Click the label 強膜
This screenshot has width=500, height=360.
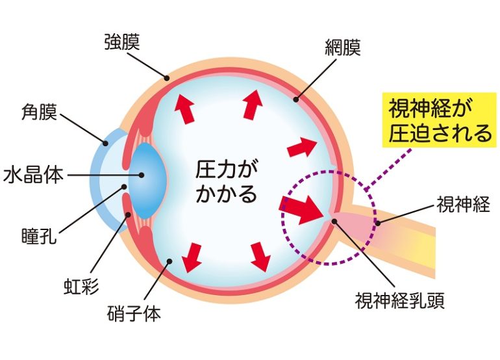122,42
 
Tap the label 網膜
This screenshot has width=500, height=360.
343,47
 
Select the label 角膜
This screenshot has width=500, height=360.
39,112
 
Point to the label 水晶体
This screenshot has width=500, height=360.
33,175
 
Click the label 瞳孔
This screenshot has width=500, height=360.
39,236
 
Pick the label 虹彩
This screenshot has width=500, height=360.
81,286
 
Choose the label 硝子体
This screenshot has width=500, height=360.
134,313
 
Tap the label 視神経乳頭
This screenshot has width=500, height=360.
400,300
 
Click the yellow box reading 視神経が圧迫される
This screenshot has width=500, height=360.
440,120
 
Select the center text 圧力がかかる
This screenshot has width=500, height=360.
227,181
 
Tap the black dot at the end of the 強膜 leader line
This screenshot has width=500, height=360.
166,78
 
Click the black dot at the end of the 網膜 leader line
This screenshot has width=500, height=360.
296,99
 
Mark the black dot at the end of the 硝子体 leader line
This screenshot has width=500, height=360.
169,261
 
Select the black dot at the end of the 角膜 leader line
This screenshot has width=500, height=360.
105,144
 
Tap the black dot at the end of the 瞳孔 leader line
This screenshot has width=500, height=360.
125,186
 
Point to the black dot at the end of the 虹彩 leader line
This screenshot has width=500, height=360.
129,214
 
